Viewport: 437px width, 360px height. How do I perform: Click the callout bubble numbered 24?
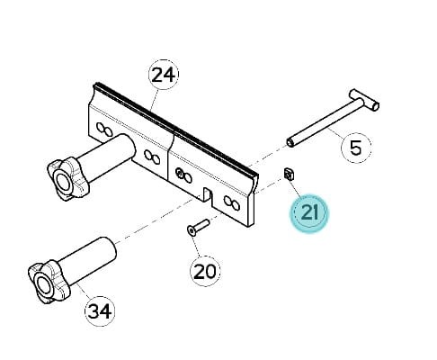coord(164,75)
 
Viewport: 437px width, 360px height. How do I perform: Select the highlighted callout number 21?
coord(309,213)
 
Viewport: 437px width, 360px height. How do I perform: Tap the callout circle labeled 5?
coord(356,148)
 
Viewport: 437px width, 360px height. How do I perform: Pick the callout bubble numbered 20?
coord(205,271)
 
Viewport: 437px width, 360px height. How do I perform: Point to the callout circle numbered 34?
coord(101,311)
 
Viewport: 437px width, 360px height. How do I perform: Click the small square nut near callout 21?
coord(290,174)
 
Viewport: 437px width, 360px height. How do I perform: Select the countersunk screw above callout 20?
coord(198,226)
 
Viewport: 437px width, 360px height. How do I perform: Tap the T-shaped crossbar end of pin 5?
coord(365,100)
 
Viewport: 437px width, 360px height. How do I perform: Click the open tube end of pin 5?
coord(290,142)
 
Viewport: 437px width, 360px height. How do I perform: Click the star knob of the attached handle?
coord(68,178)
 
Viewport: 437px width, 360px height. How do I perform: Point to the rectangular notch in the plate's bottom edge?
coord(208,196)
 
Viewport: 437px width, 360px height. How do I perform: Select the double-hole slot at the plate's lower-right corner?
coord(231,202)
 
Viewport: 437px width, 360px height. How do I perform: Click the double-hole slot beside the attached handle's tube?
coord(152,157)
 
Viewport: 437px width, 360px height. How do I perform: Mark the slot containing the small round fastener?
coord(183,175)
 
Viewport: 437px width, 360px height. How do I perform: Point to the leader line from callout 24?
coord(154,99)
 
